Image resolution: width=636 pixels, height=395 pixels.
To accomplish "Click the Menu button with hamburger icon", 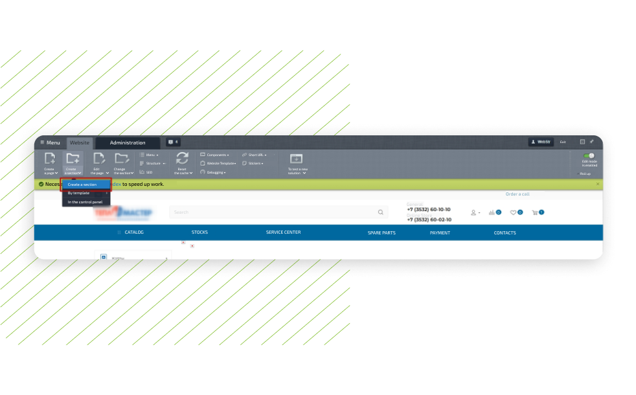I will coord(50,142).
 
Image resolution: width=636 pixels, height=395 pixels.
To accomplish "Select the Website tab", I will coord(80,142).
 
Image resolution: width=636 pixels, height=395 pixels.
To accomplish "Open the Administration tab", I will coord(128,142).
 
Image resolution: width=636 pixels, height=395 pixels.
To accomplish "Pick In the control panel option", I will coord(85,202).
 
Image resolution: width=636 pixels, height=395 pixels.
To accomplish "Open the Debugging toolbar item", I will coord(215,172).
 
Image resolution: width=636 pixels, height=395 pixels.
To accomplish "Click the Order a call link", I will coord(517,194).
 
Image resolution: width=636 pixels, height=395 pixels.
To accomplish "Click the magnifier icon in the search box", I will coord(380,212).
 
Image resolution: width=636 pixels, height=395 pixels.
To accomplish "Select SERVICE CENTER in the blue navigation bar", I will coord(283,232).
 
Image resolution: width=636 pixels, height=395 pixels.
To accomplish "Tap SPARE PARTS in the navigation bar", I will coord(381,233).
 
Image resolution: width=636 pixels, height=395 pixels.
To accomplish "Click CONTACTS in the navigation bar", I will coord(505,233).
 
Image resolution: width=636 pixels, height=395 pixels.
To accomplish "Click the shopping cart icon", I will coord(535,212).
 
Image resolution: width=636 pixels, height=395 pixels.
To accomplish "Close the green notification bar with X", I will coord(597,184).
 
